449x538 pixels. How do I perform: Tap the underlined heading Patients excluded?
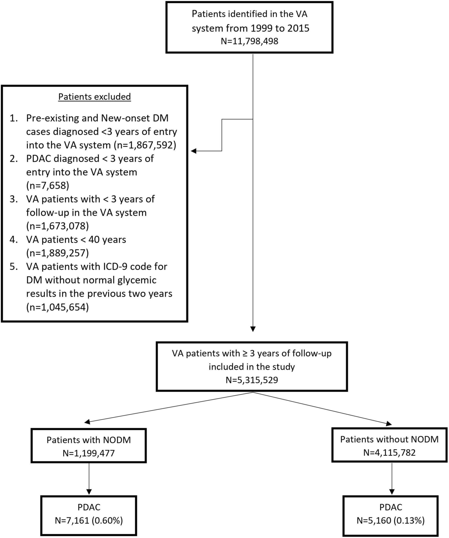(x=95, y=97)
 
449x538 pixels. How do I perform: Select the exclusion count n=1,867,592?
(x=145, y=145)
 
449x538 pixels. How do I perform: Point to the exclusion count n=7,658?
(x=48, y=185)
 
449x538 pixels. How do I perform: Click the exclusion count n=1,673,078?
(x=57, y=226)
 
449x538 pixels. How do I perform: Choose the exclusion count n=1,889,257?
(x=57, y=253)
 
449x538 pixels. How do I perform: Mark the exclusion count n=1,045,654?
(x=57, y=307)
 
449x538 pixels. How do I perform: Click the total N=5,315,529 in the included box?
(x=252, y=380)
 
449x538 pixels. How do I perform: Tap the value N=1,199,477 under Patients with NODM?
(x=89, y=453)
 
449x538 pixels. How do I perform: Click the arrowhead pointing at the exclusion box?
(x=193, y=151)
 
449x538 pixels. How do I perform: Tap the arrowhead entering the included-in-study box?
(x=253, y=329)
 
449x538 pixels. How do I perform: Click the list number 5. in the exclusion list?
(x=14, y=267)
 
